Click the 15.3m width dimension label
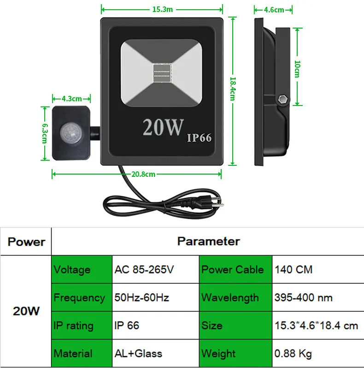tap(163, 10)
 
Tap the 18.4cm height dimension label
tap(233, 88)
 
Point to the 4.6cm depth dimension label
tap(274, 10)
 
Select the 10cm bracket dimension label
tap(297, 69)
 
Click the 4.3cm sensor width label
tap(71, 99)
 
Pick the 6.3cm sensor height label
tap(45, 134)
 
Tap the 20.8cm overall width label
tap(143, 175)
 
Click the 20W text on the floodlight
tap(163, 128)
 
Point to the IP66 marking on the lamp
tap(199, 138)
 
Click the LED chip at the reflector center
tap(162, 73)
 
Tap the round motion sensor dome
tap(70, 133)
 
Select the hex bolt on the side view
tap(283, 99)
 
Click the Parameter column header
tap(208, 241)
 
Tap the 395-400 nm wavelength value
tap(304, 298)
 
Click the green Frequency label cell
tap(82, 298)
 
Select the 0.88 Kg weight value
tap(293, 354)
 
